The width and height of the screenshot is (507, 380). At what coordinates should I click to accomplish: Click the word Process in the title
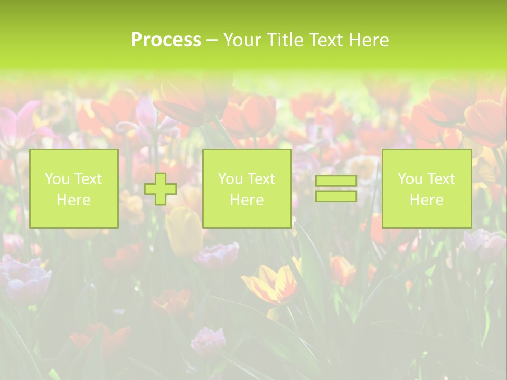[166, 40]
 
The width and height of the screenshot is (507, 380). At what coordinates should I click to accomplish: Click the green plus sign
[161, 189]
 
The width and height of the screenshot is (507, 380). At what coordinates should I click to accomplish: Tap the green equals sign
[336, 188]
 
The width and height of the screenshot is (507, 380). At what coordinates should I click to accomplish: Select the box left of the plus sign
[74, 188]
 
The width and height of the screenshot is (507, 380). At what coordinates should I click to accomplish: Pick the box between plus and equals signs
[247, 188]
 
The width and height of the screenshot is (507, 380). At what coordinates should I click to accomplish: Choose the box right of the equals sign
[427, 188]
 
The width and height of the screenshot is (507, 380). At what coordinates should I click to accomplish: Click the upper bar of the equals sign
[336, 181]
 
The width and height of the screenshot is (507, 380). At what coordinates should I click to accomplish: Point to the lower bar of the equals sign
[336, 196]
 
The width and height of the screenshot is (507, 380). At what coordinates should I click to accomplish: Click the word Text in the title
[324, 40]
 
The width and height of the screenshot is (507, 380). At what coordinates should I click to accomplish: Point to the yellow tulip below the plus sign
[184, 230]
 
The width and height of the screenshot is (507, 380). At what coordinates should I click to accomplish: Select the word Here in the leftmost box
[74, 200]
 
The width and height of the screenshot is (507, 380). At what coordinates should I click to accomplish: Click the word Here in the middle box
[247, 200]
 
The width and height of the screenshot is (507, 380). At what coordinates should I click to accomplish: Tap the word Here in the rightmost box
[427, 200]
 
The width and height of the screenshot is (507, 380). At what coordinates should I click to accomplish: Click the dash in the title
[212, 41]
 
